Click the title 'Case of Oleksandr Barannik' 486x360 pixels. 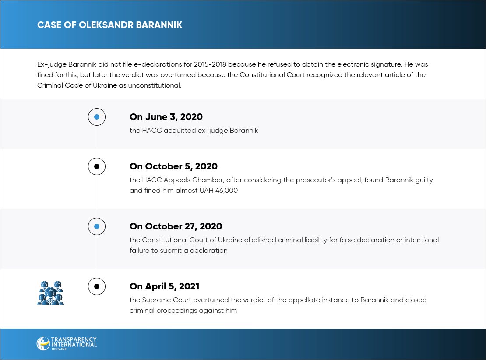[x=110, y=25]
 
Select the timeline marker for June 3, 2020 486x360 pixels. [x=97, y=117]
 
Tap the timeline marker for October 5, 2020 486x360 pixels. [x=97, y=166]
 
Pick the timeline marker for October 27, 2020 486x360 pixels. [x=97, y=226]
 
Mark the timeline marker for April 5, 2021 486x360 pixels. [x=97, y=286]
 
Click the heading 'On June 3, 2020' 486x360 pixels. [x=166, y=117]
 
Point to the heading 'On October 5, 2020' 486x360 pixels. [x=173, y=166]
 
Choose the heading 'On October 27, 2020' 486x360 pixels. [x=176, y=226]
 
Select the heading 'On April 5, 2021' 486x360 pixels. [x=164, y=286]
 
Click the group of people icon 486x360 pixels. [x=50, y=293]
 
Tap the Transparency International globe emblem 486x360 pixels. [x=43, y=343]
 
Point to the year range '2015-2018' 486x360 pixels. [x=210, y=64]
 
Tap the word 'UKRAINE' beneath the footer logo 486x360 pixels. [x=59, y=349]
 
